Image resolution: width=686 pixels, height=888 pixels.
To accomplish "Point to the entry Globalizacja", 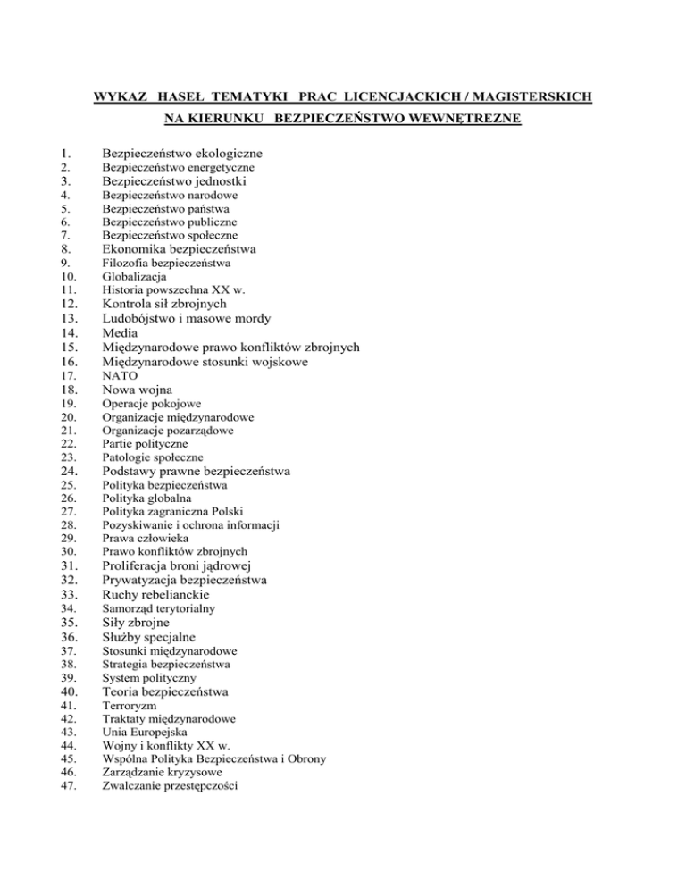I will (x=134, y=277).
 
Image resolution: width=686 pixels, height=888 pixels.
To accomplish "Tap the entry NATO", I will (x=120, y=376).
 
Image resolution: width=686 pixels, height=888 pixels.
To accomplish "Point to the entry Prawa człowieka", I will (x=146, y=539).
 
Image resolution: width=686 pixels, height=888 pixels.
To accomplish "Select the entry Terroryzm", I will (x=130, y=706).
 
